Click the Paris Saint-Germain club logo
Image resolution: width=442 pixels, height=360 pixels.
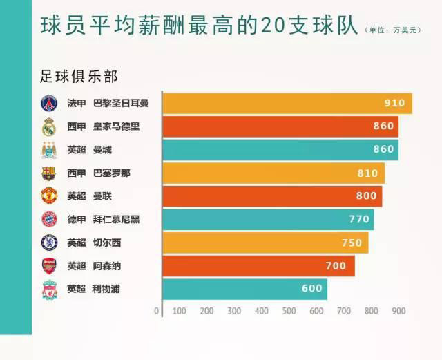(48, 104)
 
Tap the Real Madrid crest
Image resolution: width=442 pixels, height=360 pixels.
(48, 127)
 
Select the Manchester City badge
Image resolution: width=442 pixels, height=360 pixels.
(48, 150)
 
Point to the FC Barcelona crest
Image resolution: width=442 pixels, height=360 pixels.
(48, 173)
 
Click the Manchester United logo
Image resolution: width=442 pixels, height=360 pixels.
(48, 196)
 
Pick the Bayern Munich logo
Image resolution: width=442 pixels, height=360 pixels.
(48, 220)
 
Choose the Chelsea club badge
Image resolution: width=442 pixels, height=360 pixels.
(48, 243)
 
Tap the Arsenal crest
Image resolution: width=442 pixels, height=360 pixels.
(48, 266)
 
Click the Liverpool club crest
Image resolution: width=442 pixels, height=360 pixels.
(48, 289)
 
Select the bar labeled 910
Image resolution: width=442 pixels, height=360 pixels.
(287, 104)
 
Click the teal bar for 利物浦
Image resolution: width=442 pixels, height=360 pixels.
(244, 289)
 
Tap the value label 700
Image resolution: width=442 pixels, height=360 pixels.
(336, 266)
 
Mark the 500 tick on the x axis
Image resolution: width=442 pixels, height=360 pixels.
(289, 311)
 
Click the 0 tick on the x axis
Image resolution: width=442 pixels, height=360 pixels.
(157, 311)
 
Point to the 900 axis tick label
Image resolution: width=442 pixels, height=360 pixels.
(398, 311)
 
